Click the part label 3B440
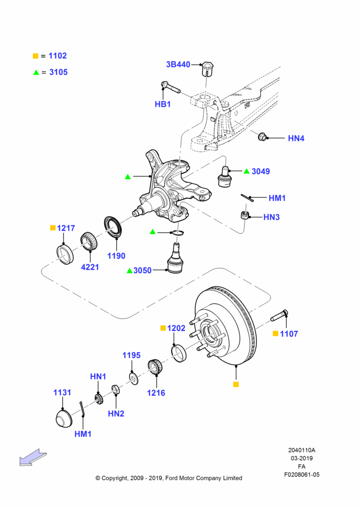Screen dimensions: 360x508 pos(178,65)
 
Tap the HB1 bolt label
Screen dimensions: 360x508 pos(163,104)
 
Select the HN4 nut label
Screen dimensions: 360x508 pos(296,138)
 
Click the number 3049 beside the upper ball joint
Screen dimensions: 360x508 pos(261,171)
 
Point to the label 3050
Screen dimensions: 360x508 pos(142,271)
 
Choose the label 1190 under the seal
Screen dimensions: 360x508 pos(116,256)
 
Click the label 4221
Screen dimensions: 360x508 pos(90,267)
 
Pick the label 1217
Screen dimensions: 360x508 pos(66,228)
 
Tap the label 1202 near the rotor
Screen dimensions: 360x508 pos(176,328)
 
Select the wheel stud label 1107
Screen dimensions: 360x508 pos(289,334)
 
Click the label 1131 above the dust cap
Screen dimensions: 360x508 pos(62,393)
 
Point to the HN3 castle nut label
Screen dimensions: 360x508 pos(272,217)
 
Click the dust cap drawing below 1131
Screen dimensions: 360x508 pos(64,419)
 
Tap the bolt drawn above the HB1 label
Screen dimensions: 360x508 pos(171,87)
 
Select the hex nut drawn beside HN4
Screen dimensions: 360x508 pos(262,137)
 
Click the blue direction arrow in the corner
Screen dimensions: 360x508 pos(33,457)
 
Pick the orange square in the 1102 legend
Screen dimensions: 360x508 pos(36,56)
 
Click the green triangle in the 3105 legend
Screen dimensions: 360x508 pos(36,73)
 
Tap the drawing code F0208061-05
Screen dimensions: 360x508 pos(302,474)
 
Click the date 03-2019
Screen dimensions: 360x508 pos(302,458)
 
